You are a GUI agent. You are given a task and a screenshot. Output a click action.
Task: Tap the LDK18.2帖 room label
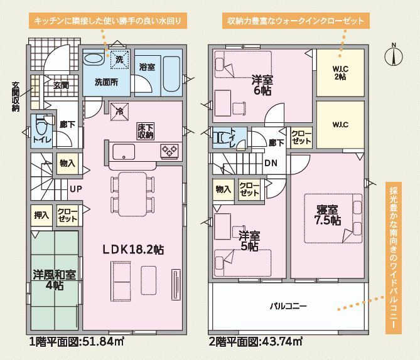pyautogui.click(x=133, y=250)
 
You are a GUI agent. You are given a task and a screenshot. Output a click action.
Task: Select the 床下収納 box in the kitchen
pyautogui.click(x=146, y=131)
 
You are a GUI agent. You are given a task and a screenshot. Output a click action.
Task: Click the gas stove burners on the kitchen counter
pyautogui.click(x=170, y=151)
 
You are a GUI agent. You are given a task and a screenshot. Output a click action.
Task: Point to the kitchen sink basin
pyautogui.click(x=124, y=152)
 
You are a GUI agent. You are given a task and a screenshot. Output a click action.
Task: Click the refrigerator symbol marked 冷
pyautogui.click(x=119, y=112)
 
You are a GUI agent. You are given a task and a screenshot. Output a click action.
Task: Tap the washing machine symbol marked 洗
pyautogui.click(x=119, y=60)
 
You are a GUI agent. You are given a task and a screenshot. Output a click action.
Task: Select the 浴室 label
pyautogui.click(x=147, y=67)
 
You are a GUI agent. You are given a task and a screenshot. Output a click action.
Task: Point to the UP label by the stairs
pyautogui.click(x=75, y=189)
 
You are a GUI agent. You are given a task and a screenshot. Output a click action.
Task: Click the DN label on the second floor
pyautogui.click(x=271, y=163)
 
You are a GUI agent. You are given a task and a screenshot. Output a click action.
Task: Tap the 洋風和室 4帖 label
pyautogui.click(x=55, y=280)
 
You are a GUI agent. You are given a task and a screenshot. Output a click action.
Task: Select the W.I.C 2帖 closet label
pyautogui.click(x=340, y=73)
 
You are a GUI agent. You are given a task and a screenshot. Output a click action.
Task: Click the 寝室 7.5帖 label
pyautogui.click(x=327, y=215)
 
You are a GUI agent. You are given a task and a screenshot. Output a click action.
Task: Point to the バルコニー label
pyautogui.click(x=288, y=306)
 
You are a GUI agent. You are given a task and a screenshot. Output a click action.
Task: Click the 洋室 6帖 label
pyautogui.click(x=262, y=85)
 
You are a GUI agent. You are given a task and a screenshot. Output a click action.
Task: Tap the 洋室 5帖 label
pyautogui.click(x=249, y=241)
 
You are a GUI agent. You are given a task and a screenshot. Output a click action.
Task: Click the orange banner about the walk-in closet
pyautogui.click(x=296, y=21)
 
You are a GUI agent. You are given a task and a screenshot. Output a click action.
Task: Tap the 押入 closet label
pyautogui.click(x=41, y=215)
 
